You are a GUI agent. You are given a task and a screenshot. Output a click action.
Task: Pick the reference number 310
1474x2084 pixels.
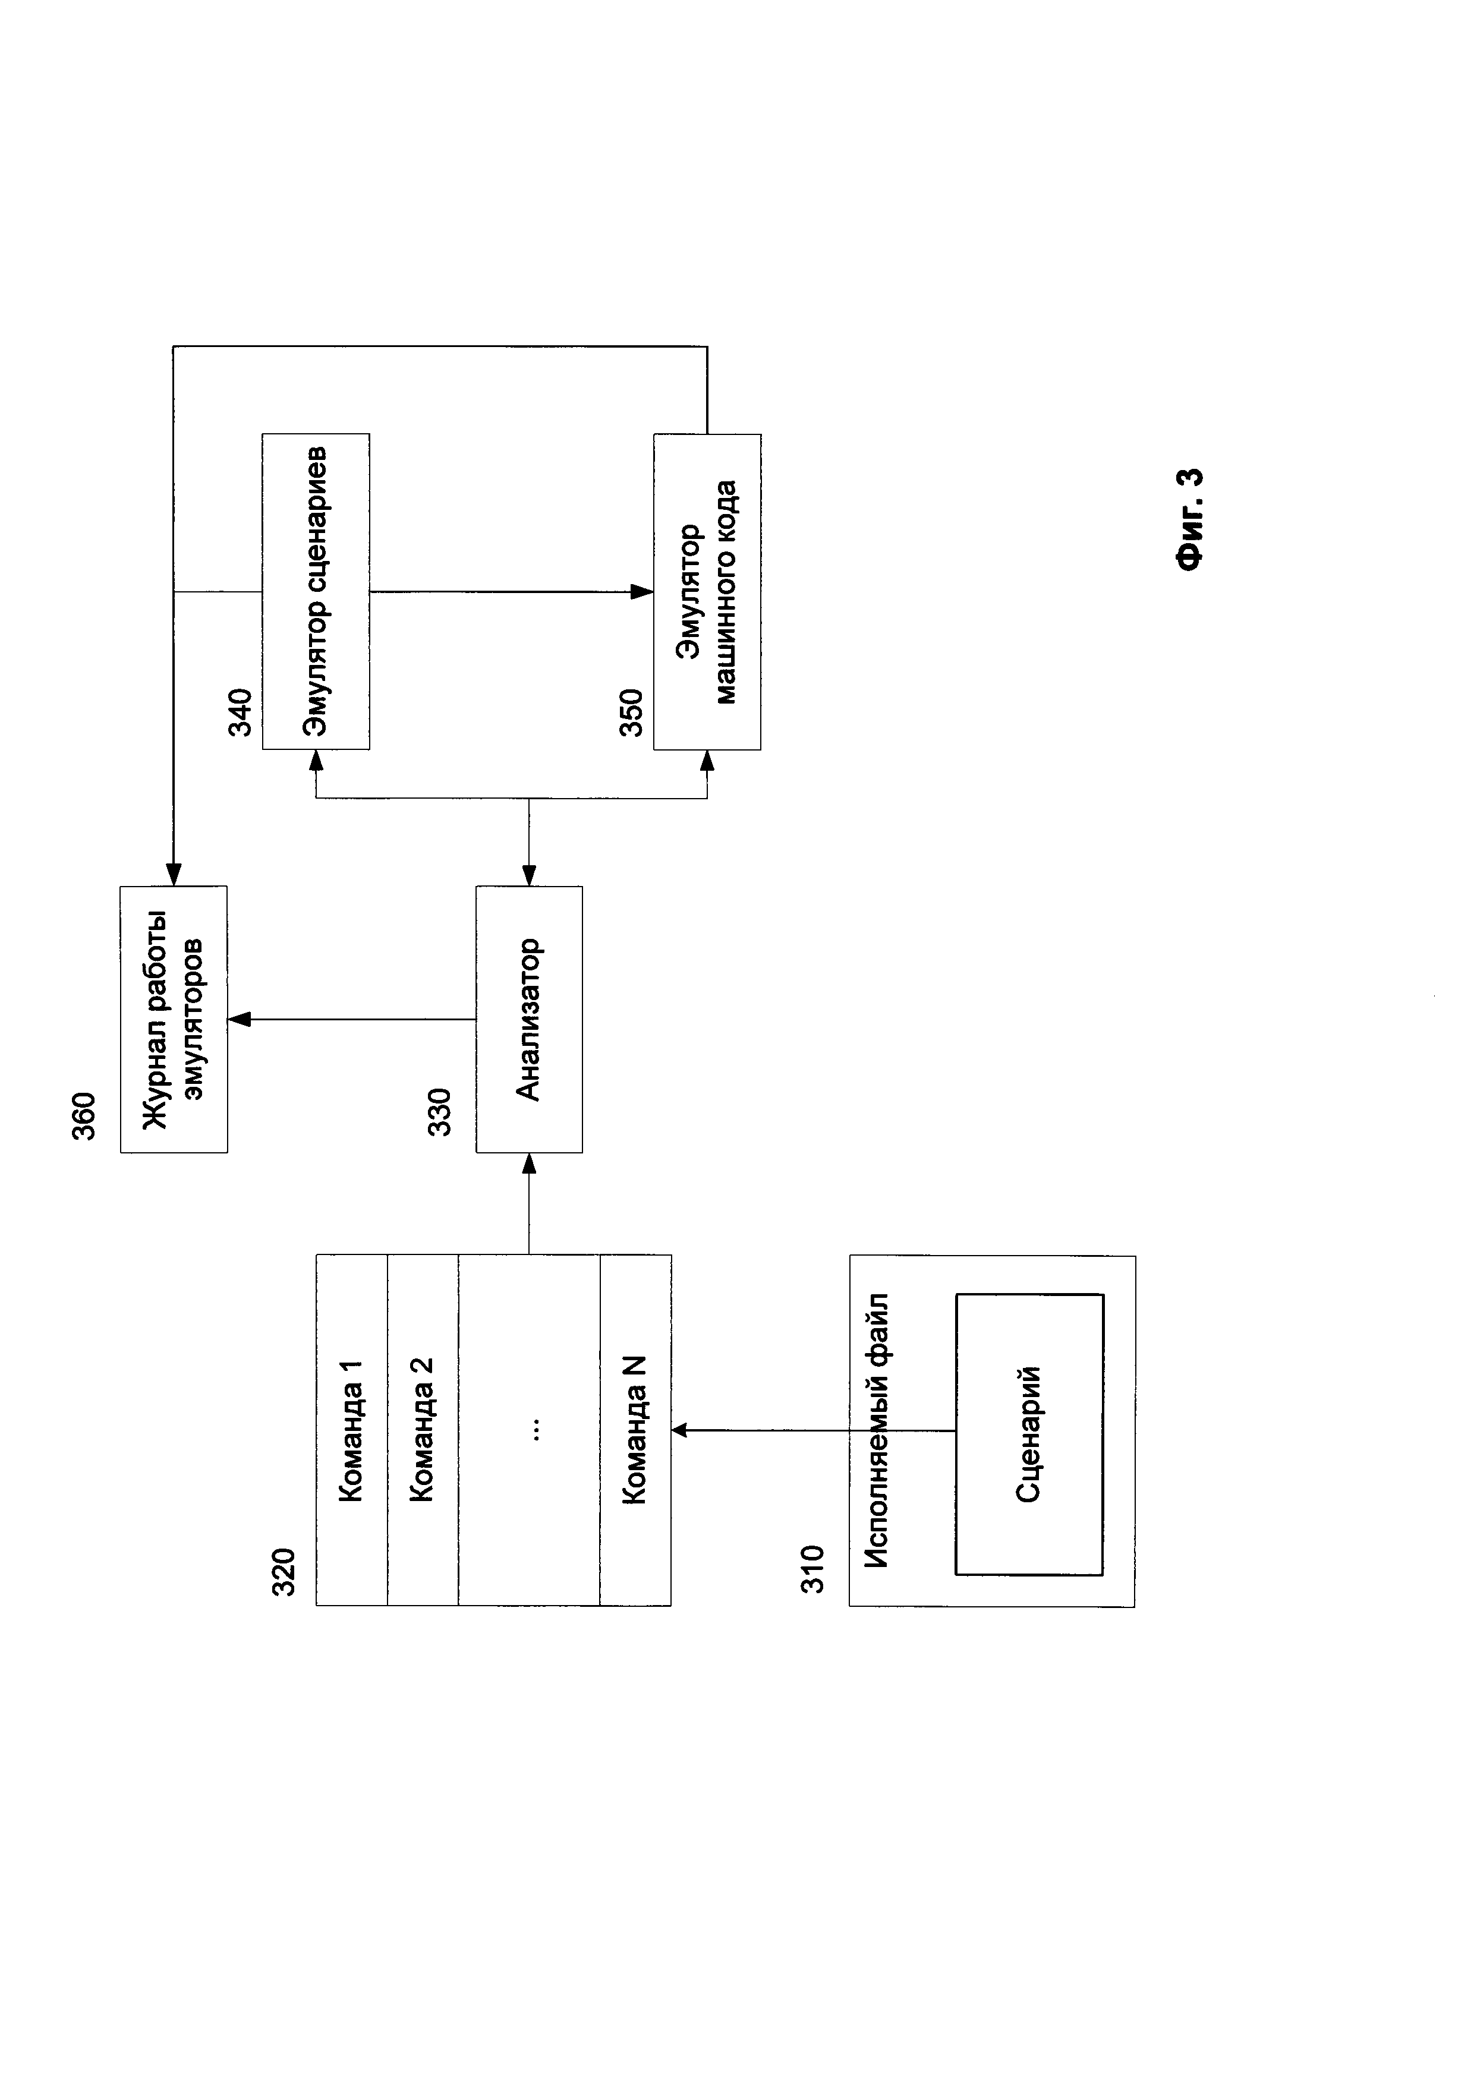812,1568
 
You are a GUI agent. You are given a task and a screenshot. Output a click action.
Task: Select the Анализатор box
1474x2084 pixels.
529,1019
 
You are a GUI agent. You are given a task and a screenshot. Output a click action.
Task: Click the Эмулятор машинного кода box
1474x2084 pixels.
707,592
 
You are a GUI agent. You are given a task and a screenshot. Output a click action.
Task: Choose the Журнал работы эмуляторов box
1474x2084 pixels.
174,1019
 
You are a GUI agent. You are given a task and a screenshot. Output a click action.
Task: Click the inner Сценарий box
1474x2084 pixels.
1029,1434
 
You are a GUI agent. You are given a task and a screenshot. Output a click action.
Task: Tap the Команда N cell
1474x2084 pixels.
635,1430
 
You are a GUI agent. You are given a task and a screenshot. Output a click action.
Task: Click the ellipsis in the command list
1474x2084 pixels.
536,1430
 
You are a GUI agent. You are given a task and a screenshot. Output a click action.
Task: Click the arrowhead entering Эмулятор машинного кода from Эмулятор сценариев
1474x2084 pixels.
642,592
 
